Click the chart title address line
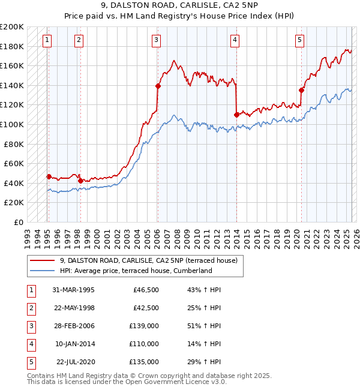click(x=179, y=8)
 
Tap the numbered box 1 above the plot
click(x=47, y=40)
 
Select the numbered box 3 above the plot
click(x=156, y=40)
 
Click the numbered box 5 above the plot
click(x=299, y=40)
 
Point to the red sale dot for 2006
click(x=158, y=86)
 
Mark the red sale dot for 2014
click(x=236, y=114)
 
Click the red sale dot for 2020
click(x=302, y=90)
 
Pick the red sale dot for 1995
click(x=49, y=176)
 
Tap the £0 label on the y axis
click(x=18, y=222)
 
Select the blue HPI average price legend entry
click(x=144, y=271)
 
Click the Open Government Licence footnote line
click(x=127, y=382)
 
